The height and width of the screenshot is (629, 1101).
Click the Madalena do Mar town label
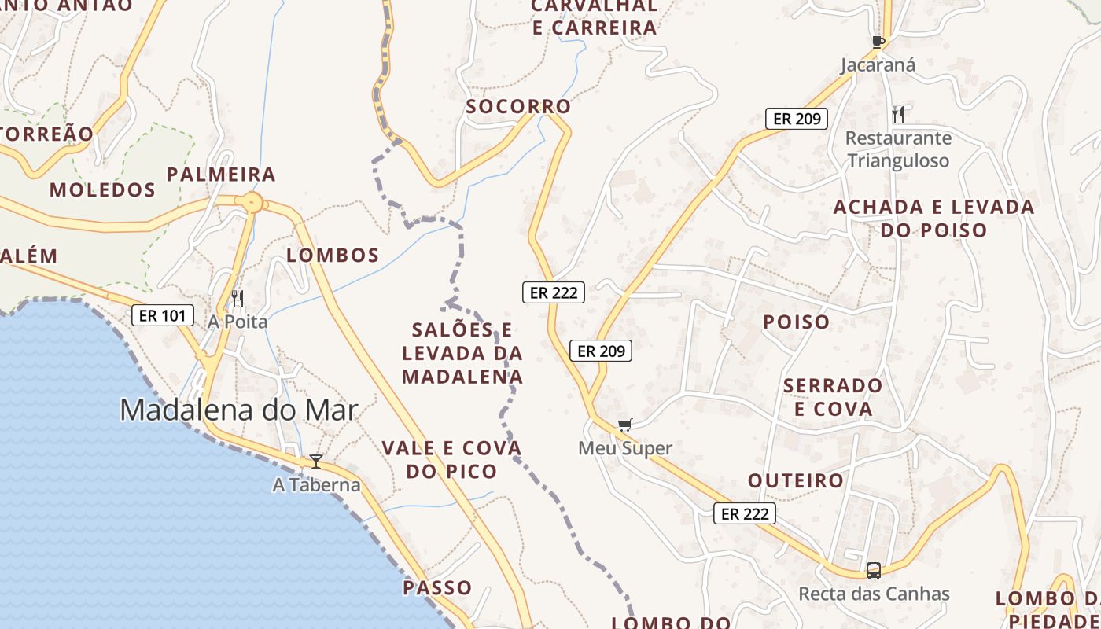click(x=238, y=410)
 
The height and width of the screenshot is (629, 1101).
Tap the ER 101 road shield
click(x=162, y=316)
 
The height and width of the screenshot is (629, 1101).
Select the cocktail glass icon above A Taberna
click(x=316, y=462)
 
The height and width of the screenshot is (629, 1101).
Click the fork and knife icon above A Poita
click(x=238, y=299)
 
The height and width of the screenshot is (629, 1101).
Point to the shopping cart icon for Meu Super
click(x=624, y=425)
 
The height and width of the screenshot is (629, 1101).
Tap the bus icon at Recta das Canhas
click(x=873, y=570)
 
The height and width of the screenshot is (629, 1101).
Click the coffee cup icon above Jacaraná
click(x=878, y=42)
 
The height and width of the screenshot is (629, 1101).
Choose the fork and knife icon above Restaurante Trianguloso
click(x=898, y=115)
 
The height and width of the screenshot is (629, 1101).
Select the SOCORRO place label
click(x=518, y=106)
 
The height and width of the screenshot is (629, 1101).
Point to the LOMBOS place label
click(x=333, y=255)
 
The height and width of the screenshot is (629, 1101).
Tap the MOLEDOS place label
click(x=102, y=189)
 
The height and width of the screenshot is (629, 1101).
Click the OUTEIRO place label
click(x=795, y=480)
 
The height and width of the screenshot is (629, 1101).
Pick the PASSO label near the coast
click(x=437, y=587)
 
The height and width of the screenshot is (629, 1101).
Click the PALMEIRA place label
click(x=221, y=174)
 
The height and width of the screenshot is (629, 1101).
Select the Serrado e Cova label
click(x=833, y=397)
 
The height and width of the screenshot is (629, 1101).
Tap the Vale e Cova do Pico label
click(x=451, y=460)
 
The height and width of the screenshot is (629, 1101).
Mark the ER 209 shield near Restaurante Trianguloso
click(x=797, y=119)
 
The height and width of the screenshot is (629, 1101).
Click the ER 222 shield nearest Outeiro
click(x=745, y=514)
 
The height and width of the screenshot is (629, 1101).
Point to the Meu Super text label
click(x=625, y=448)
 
